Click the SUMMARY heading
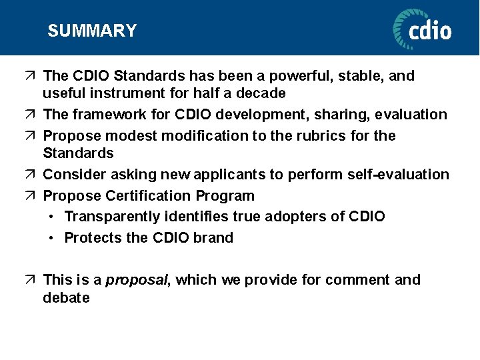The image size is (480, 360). [92, 31]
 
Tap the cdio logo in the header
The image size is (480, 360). [422, 29]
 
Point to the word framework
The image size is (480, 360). [103, 115]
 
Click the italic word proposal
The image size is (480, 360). [138, 280]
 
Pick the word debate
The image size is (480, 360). [66, 298]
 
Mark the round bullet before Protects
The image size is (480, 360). [52, 238]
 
